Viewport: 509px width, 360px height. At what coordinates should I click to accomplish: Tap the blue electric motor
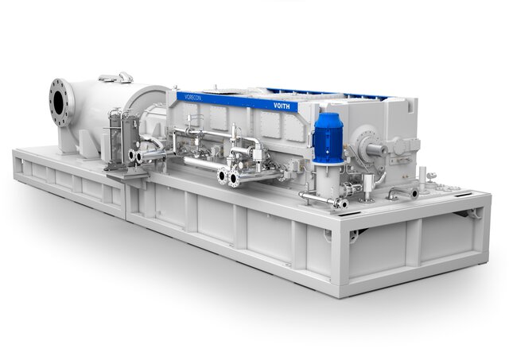(327, 135)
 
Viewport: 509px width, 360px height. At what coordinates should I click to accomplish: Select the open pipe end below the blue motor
(340, 203)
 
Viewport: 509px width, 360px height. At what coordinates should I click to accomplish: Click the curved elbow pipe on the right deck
(402, 192)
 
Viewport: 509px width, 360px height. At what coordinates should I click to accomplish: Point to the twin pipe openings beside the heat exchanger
(135, 157)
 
